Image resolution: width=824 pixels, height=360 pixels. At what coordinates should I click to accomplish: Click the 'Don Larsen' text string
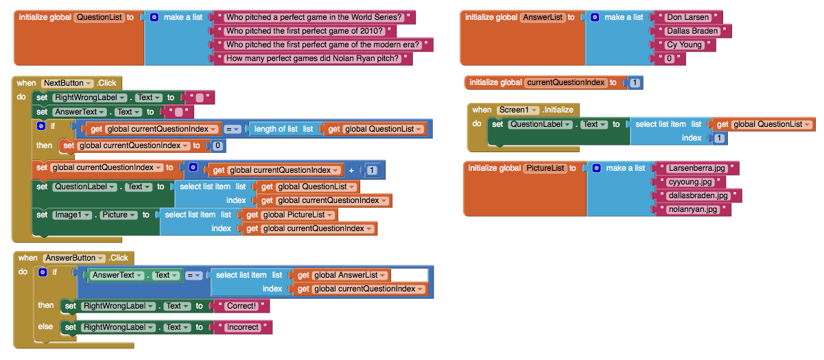tap(687, 17)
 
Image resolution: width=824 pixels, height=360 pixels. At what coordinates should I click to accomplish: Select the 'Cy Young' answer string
tap(684, 45)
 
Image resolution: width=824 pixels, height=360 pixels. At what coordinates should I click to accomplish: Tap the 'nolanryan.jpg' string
tap(692, 210)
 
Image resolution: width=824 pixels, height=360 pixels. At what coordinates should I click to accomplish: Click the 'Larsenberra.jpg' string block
tap(696, 169)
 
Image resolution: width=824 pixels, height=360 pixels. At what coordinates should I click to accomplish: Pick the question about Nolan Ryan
tap(312, 58)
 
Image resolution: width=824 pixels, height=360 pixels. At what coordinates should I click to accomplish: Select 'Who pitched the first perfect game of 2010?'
tap(304, 32)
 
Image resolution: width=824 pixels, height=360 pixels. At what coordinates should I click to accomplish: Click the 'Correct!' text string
tap(241, 306)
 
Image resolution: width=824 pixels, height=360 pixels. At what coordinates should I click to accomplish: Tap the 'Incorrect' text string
tap(242, 327)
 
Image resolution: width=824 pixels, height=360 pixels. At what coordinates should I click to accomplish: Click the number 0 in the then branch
tap(217, 145)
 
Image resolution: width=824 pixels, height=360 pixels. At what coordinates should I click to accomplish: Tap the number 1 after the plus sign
tap(372, 170)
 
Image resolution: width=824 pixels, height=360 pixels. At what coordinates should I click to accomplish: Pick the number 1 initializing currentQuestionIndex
tap(635, 83)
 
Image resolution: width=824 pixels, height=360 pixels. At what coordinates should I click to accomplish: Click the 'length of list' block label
tap(276, 129)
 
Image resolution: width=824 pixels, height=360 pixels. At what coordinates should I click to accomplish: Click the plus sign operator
tap(351, 170)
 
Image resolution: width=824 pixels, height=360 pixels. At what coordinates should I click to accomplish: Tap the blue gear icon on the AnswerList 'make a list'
tap(594, 17)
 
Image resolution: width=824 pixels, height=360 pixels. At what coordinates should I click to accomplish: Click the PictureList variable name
tap(545, 168)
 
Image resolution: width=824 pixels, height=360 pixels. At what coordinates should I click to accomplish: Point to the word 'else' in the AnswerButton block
tap(45, 326)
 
